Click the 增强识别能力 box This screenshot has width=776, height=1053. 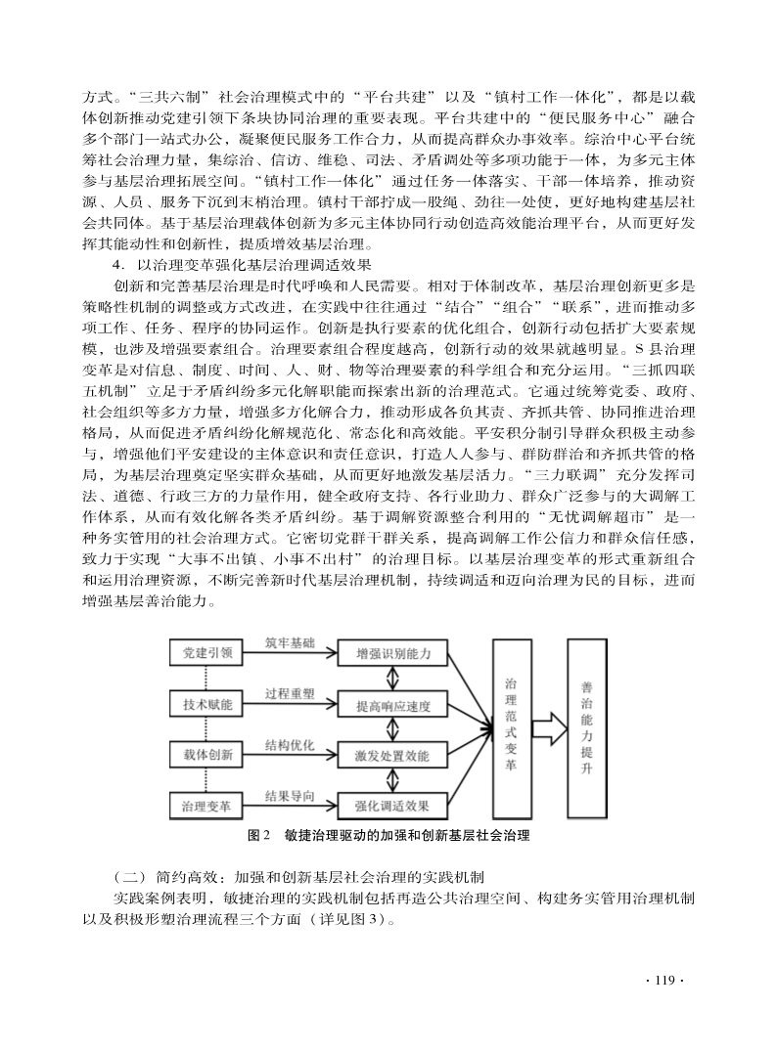pos(392,653)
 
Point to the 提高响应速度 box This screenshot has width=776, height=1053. pos(392,704)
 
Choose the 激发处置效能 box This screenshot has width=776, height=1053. pos(392,755)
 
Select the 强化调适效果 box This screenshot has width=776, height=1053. pos(392,806)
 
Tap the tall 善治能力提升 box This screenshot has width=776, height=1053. pos(586,728)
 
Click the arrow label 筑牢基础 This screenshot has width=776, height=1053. pos(290,642)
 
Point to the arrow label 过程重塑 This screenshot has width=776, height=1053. pos(290,693)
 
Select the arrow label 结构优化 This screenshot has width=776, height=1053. pos(290,745)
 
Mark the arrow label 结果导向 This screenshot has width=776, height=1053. pos(290,796)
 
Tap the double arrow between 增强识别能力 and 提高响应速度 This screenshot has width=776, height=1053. pos(393,679)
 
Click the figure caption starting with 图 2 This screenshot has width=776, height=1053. pos(389,835)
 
